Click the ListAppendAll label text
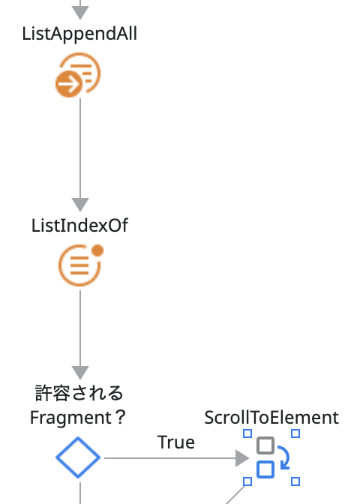pos(79,34)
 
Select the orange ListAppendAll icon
pos(79,76)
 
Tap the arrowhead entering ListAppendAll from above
pos(80,12)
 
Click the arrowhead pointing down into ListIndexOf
pos(80,204)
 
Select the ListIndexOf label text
pos(79,226)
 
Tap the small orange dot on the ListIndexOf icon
pos(97,249)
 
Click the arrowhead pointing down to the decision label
pos(80,372)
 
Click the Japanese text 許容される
pos(79,393)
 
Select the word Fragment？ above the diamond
pos(78,417)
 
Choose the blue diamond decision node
pos(78,457)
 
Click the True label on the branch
pos(176,442)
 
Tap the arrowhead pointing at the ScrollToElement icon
pos(241,457)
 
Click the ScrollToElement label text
pos(271,417)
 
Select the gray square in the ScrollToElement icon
pos(265,446)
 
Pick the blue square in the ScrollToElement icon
pos(265,469)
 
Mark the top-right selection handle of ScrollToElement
pos(295,433)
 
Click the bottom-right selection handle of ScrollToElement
pos(295,481)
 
